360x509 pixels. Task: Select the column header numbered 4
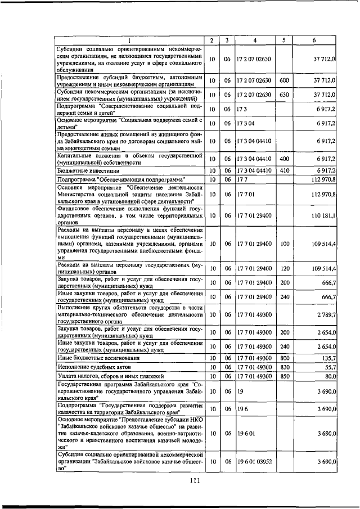[255, 40]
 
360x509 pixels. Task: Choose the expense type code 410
[284, 170]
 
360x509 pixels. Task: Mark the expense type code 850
[284, 376]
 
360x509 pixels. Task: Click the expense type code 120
[284, 268]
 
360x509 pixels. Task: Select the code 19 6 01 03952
[255, 461]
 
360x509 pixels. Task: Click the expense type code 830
[284, 366]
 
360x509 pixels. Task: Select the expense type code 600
[284, 81]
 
